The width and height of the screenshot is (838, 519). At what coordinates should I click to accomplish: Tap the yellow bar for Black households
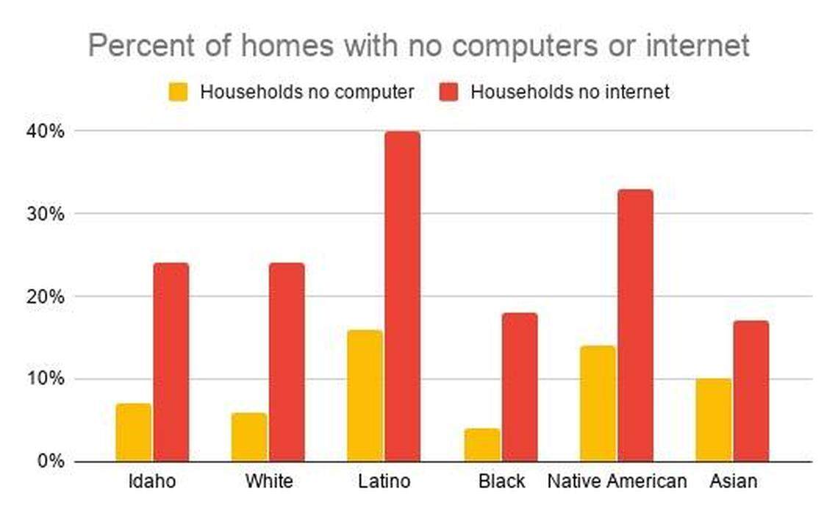482,445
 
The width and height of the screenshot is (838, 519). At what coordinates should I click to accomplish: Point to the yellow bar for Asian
714,420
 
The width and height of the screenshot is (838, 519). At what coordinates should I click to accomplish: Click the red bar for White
286,362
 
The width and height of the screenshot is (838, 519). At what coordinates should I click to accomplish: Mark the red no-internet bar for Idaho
171,362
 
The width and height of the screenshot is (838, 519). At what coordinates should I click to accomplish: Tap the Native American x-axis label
617,482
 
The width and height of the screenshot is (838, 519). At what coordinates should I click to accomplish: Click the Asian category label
733,482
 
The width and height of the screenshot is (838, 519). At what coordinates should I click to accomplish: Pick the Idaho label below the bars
152,482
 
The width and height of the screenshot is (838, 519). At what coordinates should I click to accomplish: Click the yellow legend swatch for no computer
179,92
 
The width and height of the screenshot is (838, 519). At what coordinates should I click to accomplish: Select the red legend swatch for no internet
448,92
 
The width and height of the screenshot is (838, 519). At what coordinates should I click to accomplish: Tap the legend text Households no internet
570,92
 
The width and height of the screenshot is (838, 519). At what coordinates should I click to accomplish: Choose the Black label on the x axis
501,482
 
